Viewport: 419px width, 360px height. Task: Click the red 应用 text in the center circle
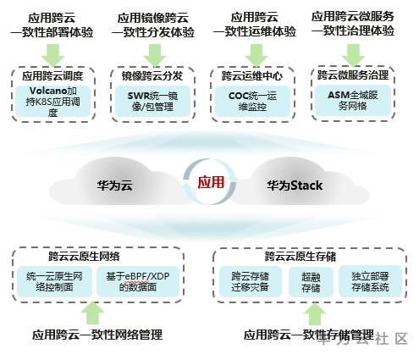[211, 182]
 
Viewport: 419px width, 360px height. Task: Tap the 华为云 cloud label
[114, 186]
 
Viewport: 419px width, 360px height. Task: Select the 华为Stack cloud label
[295, 186]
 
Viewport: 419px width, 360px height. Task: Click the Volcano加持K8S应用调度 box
[52, 101]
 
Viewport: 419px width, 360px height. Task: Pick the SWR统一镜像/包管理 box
[152, 101]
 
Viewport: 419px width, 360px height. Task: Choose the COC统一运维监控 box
[252, 101]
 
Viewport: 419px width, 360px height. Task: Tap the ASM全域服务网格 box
[353, 101]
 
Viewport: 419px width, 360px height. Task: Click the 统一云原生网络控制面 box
[54, 281]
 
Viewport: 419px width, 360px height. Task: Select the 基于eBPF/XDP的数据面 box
[138, 281]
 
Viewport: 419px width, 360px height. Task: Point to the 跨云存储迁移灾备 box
[250, 281]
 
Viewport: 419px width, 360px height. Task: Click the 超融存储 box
[311, 282]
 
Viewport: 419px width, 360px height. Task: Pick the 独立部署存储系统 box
[370, 281]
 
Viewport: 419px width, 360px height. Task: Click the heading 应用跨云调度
[52, 75]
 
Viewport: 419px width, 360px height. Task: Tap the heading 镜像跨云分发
[152, 75]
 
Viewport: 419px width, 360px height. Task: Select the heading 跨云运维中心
[252, 75]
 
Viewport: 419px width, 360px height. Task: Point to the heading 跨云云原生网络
[84, 256]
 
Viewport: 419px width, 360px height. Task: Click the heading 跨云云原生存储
[300, 256]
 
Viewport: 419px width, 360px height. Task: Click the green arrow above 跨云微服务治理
[353, 54]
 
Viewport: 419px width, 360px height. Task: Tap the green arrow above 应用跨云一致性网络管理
[93, 313]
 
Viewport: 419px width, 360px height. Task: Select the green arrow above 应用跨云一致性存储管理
[314, 313]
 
